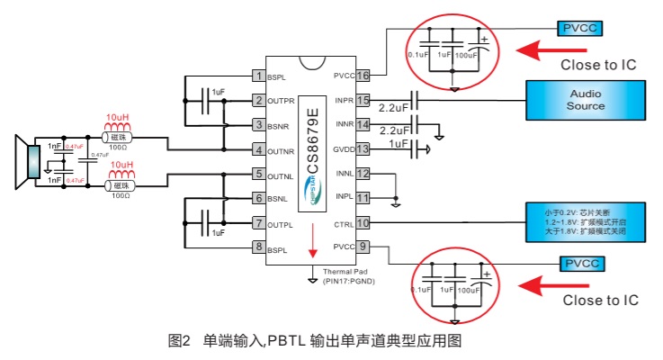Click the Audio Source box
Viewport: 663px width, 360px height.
(586, 100)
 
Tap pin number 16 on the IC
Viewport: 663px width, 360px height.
(363, 76)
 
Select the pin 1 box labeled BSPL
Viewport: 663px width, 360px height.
(259, 76)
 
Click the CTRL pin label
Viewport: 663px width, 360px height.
(343, 221)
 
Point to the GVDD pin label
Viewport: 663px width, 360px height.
(342, 148)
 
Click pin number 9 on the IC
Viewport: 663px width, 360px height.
(363, 246)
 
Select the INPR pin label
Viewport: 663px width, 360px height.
(343, 100)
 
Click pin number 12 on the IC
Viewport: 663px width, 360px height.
(363, 173)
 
